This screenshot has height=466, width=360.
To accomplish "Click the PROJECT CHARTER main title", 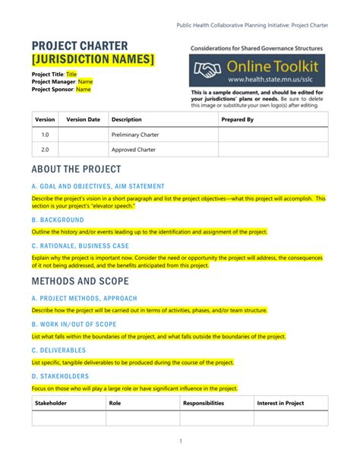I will point(79,46).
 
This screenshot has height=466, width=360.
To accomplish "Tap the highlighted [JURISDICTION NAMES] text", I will point(93,59).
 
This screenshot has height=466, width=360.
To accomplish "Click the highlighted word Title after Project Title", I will point(71,74).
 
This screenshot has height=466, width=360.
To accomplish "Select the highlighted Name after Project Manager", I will point(86,82).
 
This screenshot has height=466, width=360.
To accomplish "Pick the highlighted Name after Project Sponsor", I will point(83,89).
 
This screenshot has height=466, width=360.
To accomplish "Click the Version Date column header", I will point(83,119).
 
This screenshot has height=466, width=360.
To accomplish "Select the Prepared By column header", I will point(237,119).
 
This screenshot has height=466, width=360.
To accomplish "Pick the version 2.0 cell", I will point(45,150).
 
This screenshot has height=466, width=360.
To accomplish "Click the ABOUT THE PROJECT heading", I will point(76,169).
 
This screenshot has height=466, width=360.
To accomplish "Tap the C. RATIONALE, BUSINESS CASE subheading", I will point(80,246).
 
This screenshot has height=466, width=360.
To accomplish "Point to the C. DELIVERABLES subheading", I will point(58,350).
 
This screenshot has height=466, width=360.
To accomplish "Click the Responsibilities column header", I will point(204,403).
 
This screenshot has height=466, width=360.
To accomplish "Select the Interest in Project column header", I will point(280,403).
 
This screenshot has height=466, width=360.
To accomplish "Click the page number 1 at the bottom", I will point(180,442).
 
